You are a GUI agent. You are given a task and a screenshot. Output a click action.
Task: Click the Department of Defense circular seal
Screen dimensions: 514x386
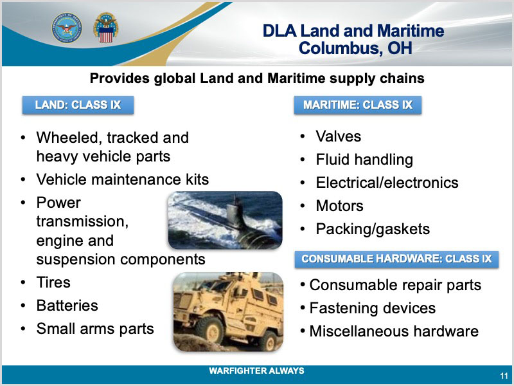[67, 28]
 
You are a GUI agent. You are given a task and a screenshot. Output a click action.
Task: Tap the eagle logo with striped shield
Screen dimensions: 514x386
[105, 28]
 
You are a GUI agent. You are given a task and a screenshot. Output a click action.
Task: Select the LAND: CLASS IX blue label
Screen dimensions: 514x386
[78, 105]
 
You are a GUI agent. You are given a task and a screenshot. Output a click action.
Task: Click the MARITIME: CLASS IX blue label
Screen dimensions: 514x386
[358, 105]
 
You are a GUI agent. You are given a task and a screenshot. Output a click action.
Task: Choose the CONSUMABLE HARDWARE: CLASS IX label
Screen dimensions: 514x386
[396, 259]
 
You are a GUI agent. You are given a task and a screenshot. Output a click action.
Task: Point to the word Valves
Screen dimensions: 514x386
[339, 136]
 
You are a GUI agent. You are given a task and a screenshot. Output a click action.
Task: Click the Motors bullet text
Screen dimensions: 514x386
[340, 206]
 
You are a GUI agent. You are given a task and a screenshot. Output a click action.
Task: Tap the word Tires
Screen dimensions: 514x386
[53, 282]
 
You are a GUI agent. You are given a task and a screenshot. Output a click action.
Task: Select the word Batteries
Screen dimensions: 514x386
[67, 306]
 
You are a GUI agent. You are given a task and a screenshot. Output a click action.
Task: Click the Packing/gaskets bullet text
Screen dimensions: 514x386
[373, 230]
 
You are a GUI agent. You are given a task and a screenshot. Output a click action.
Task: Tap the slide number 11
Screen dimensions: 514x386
[504, 376]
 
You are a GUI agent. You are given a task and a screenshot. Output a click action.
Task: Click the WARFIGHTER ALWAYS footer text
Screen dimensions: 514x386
[256, 371]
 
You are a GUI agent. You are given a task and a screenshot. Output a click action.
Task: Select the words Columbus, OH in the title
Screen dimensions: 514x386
[355, 48]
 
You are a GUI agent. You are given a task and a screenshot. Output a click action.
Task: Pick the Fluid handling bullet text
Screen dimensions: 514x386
[364, 160]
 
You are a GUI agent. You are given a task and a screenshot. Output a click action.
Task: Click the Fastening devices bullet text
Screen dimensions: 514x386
[373, 308]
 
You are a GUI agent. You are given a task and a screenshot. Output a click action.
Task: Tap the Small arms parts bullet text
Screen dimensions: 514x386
[95, 329]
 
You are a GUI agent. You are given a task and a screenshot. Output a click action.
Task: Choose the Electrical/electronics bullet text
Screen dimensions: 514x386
[387, 183]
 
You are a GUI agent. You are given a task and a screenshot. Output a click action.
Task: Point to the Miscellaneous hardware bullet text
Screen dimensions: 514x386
[394, 331]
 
